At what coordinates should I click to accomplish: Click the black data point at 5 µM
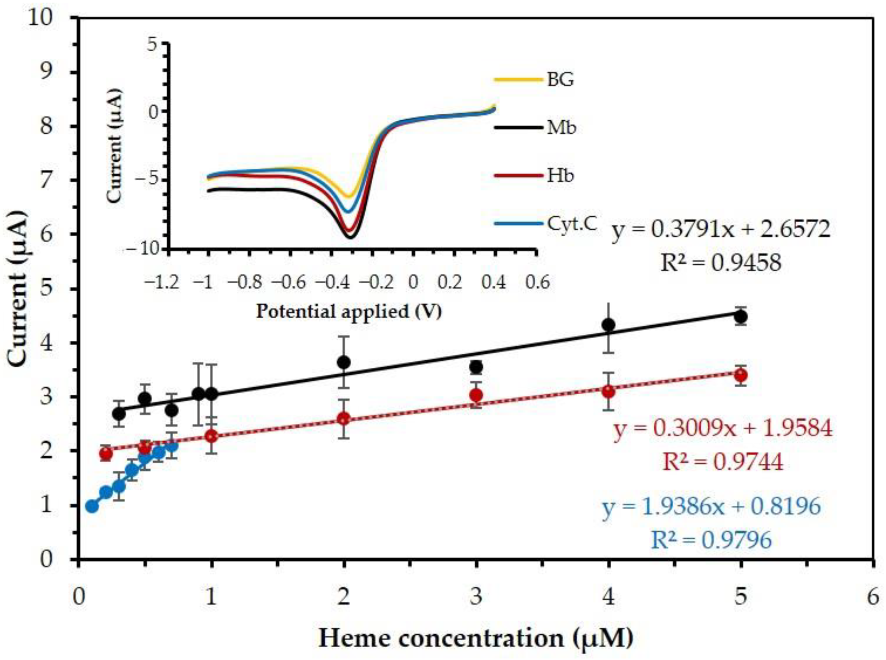pyautogui.click(x=741, y=317)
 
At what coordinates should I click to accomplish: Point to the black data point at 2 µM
pyautogui.click(x=344, y=362)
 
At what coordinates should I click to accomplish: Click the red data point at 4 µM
pyautogui.click(x=608, y=391)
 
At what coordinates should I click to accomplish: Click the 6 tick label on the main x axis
pyautogui.click(x=873, y=598)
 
